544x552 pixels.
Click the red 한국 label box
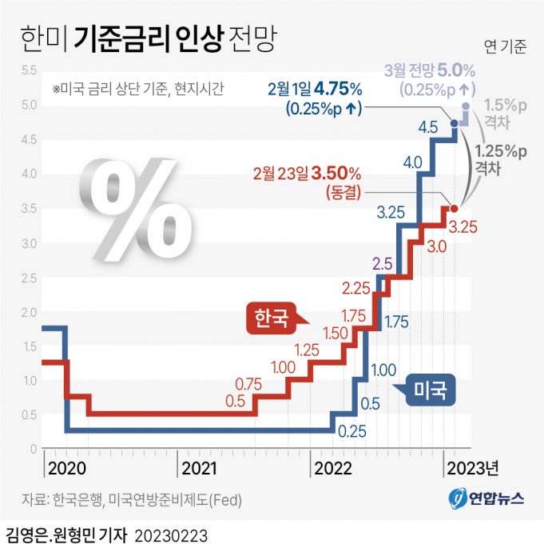[x=271, y=317]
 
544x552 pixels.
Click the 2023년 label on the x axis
[x=473, y=467]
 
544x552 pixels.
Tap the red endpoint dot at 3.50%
[x=454, y=207]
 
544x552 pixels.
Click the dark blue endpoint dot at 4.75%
[x=455, y=123]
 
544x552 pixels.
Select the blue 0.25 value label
[x=352, y=432]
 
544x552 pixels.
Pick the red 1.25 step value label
[x=308, y=350]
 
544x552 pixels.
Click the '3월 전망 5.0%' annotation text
[x=430, y=70]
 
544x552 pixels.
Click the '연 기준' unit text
[x=505, y=46]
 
